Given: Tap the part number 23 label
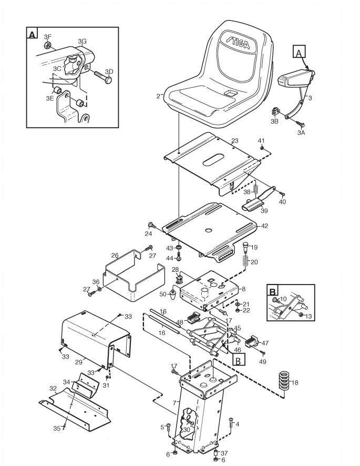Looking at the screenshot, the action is pos(234,140).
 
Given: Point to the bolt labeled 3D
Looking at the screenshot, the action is pos(102,76).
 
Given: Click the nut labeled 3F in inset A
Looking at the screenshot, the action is pos(47,45).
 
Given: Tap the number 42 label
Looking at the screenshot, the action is pos(264,226).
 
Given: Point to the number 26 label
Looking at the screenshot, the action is pos(115,255).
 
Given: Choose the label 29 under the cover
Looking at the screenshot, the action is pos(78,362).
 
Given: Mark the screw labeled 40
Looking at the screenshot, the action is pos(282,194).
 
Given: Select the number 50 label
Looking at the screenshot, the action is pos(163,294).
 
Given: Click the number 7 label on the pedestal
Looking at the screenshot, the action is pos(174,403).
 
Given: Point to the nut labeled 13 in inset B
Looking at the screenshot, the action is pos(301,315).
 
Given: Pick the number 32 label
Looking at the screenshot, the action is pos(53,389).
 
